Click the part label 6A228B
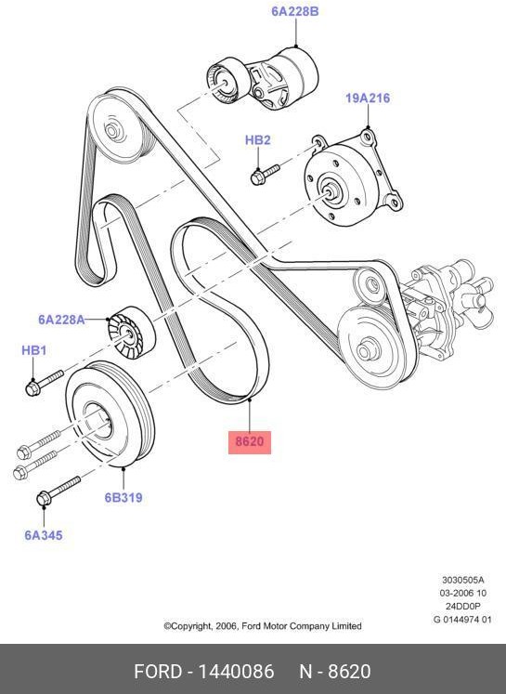[294, 12]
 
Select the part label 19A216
[368, 98]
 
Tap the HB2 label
[257, 140]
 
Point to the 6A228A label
[61, 320]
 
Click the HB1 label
[33, 350]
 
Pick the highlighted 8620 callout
[250, 441]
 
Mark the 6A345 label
[43, 535]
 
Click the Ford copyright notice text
[263, 626]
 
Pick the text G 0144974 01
[461, 619]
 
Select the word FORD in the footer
[157, 671]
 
